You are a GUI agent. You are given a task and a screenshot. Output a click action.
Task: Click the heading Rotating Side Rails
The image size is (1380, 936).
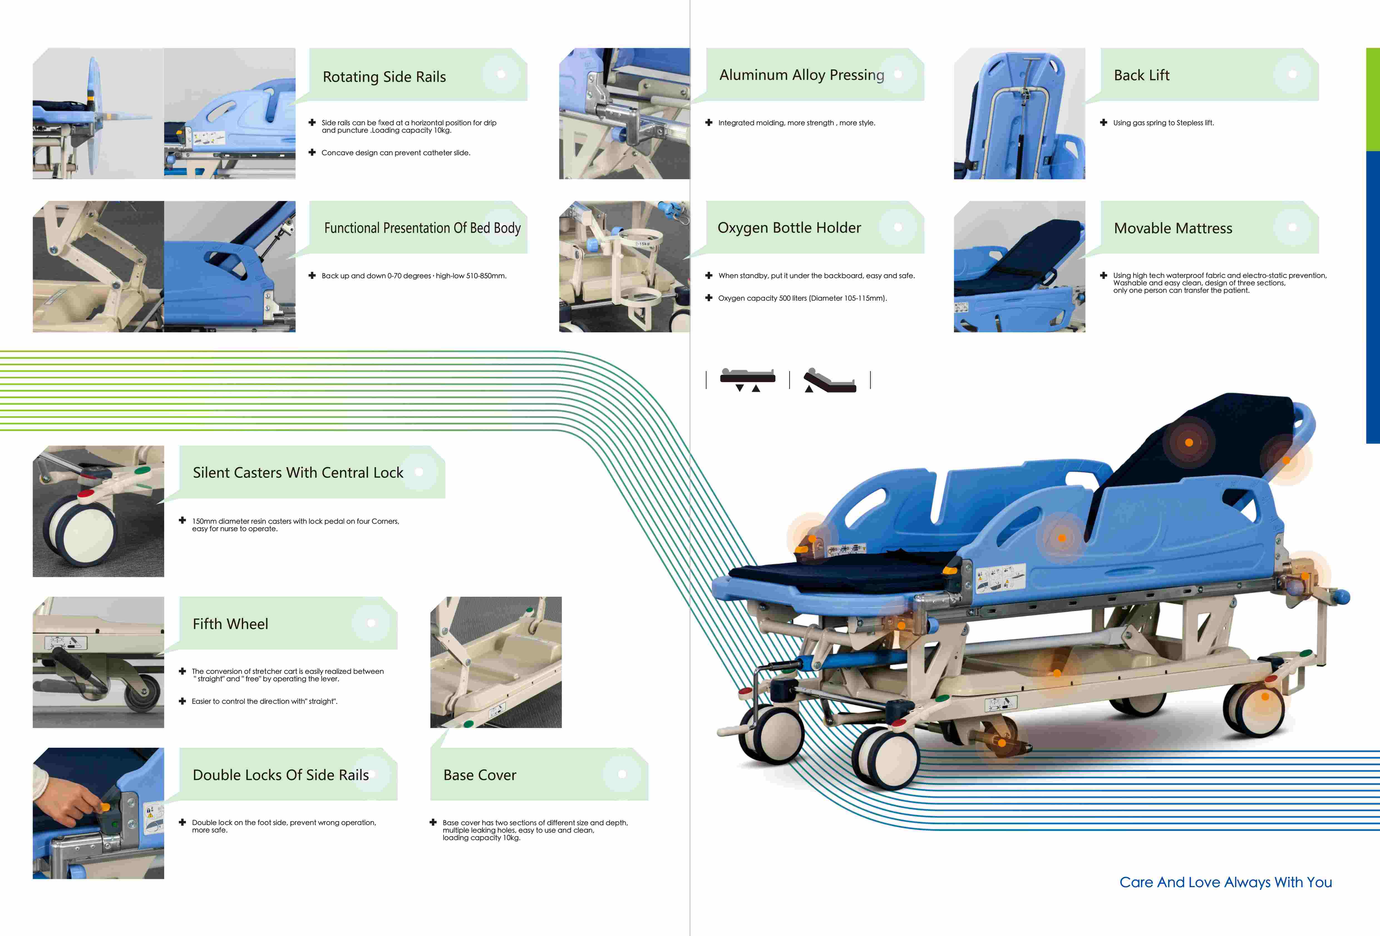384,76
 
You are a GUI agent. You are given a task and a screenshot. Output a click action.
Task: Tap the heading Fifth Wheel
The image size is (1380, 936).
230,624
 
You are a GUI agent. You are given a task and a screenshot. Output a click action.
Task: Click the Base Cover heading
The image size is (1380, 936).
480,775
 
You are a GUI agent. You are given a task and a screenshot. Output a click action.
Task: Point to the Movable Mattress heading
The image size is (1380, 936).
1173,229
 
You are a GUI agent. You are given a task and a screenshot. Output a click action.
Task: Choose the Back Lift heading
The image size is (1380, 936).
1141,75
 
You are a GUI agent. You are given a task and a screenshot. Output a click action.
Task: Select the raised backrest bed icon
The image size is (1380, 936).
830,380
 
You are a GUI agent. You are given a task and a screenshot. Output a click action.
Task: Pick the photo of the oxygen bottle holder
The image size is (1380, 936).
624,266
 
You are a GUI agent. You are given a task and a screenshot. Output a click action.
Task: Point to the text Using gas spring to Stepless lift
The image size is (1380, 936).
1163,123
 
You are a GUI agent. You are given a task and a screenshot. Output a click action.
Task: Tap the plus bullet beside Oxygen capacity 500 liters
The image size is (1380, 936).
708,298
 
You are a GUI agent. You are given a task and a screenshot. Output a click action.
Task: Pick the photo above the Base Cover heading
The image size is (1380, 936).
496,662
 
